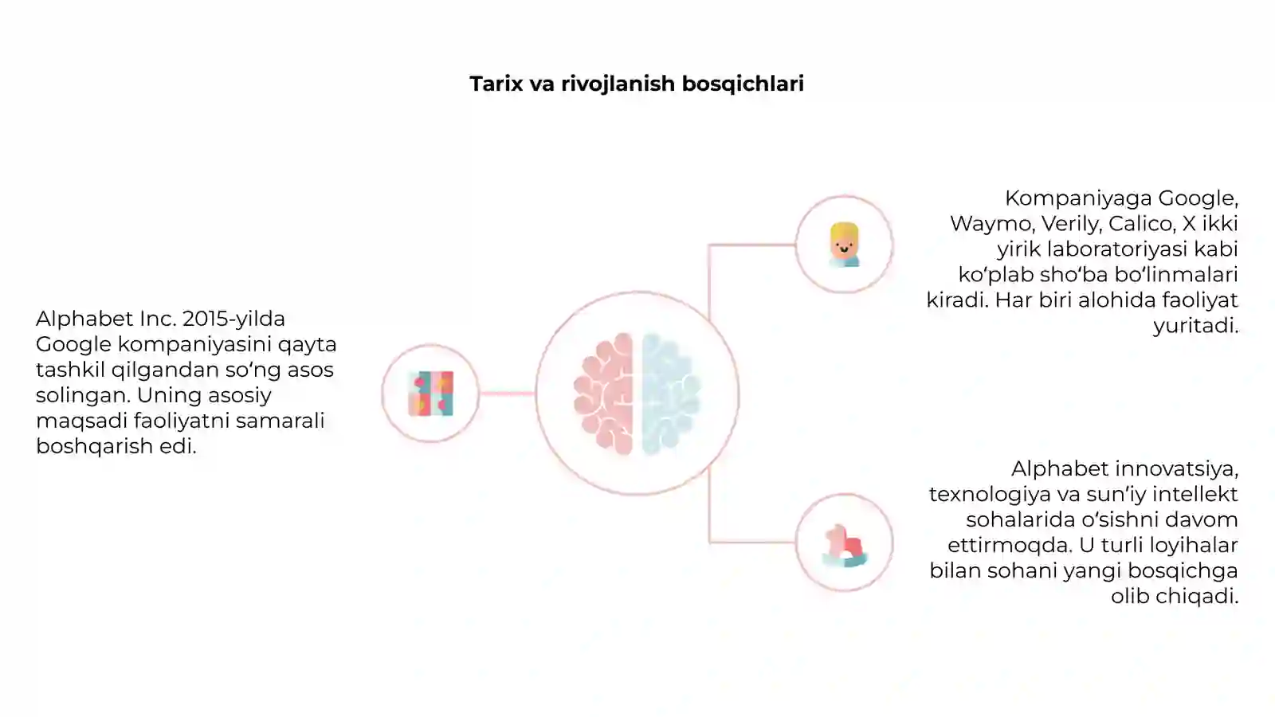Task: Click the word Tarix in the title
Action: pyautogui.click(x=496, y=84)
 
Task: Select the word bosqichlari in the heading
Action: pyautogui.click(x=743, y=84)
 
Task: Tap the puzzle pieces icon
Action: pyautogui.click(x=431, y=394)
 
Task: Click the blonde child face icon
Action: pyautogui.click(x=844, y=245)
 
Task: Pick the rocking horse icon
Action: pyautogui.click(x=845, y=546)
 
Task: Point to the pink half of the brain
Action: pyautogui.click(x=604, y=394)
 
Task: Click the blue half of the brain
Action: pyautogui.click(x=671, y=394)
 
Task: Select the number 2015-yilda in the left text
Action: pyautogui.click(x=234, y=319)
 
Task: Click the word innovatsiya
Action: pyautogui.click(x=1175, y=469)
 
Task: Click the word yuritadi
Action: pyautogui.click(x=1195, y=326)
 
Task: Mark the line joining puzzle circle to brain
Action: pyautogui.click(x=507, y=394)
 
